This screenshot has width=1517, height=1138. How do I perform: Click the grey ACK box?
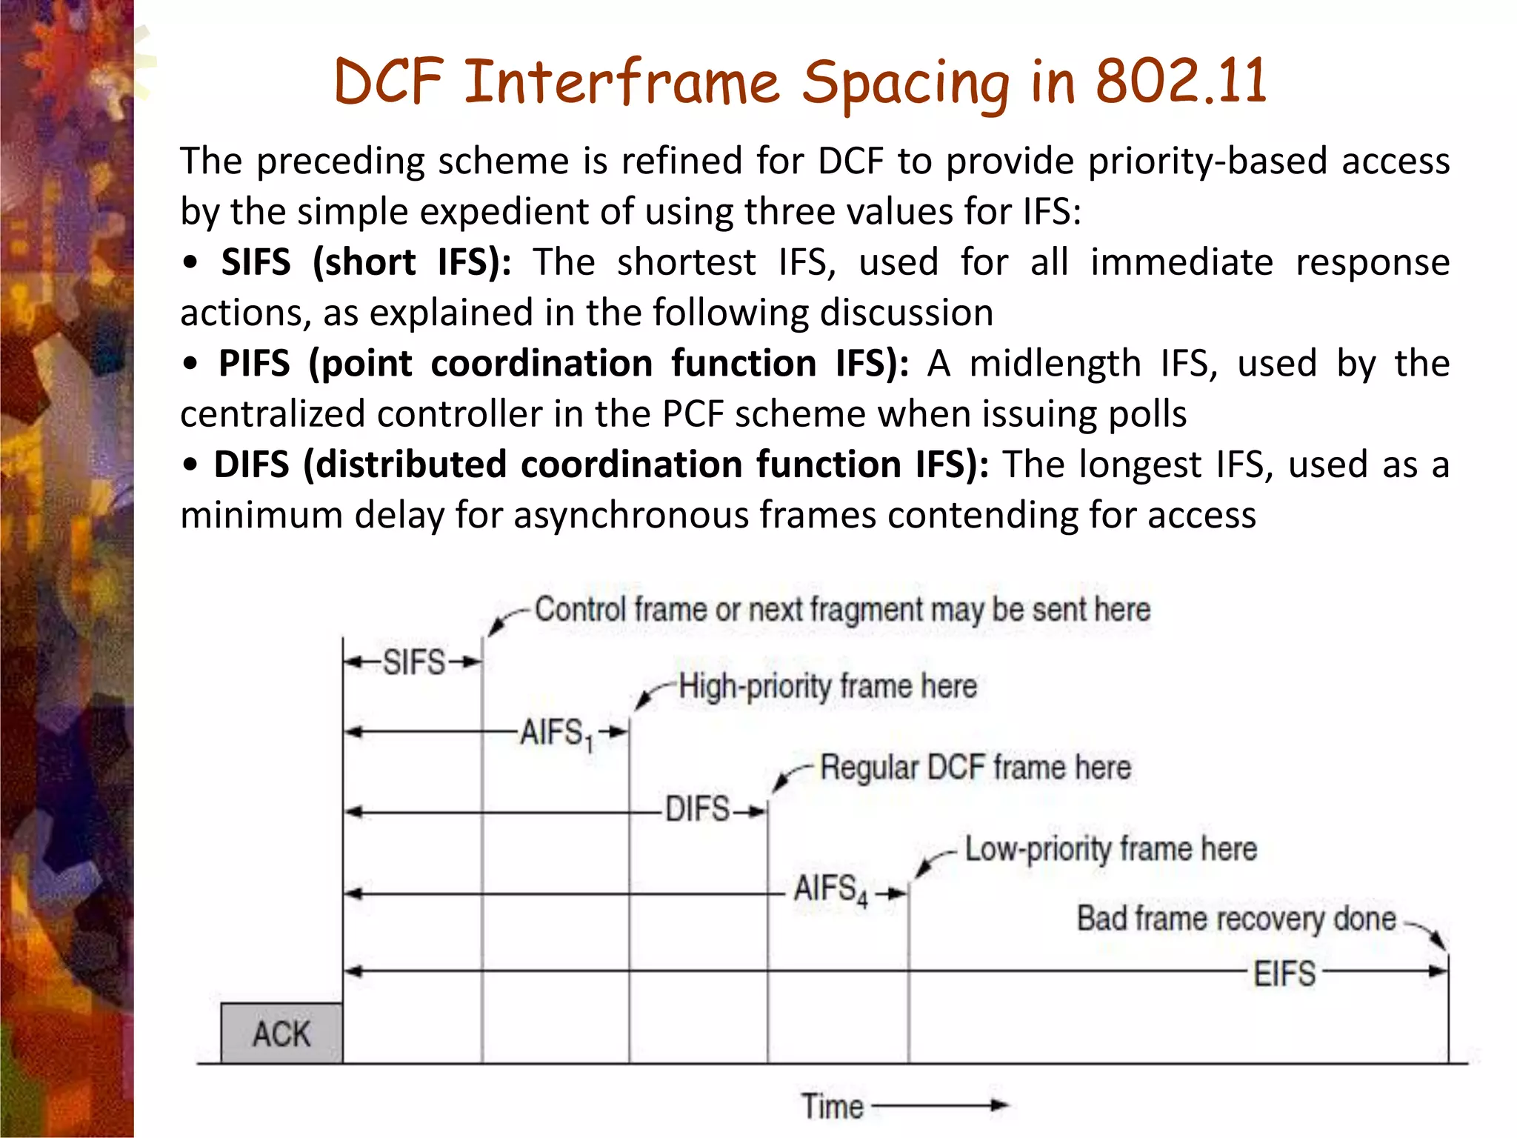point(281,1034)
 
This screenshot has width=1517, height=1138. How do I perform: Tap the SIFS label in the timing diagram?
point(413,662)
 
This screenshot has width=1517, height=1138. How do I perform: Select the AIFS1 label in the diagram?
point(556,733)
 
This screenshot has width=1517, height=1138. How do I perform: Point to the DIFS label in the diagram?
point(697,809)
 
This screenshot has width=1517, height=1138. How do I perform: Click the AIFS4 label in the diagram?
point(830,889)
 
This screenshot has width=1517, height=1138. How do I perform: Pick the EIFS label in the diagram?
point(1284,974)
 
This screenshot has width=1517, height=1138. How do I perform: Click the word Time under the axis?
point(833,1106)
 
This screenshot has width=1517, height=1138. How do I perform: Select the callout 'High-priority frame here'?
point(827,686)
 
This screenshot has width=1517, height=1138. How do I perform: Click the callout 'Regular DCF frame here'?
point(976,768)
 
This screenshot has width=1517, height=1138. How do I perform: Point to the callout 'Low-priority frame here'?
point(1110,849)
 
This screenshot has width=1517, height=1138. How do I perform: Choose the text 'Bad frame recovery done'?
point(1236,919)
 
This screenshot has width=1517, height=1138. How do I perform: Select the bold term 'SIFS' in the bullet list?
point(256,262)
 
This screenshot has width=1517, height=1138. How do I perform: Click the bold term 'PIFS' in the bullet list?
point(254,364)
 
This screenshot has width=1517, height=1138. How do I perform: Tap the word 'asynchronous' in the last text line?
point(631,515)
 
